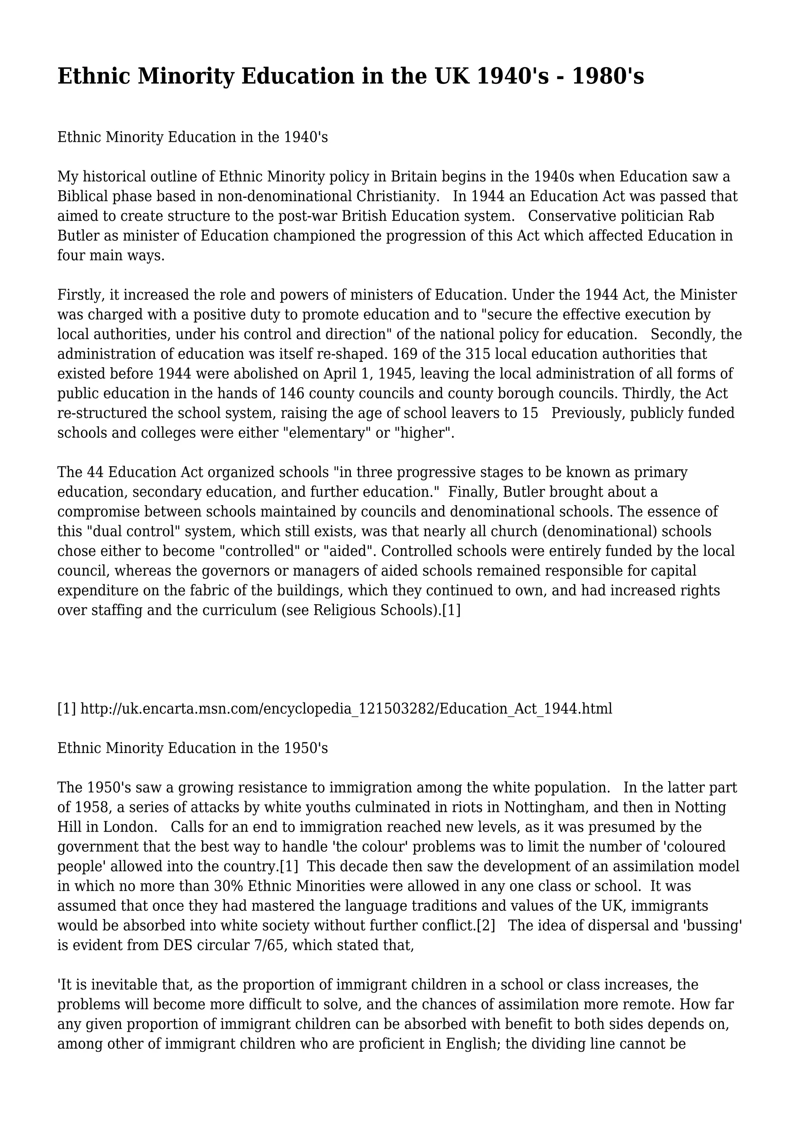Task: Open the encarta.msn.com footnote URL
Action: (346, 708)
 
